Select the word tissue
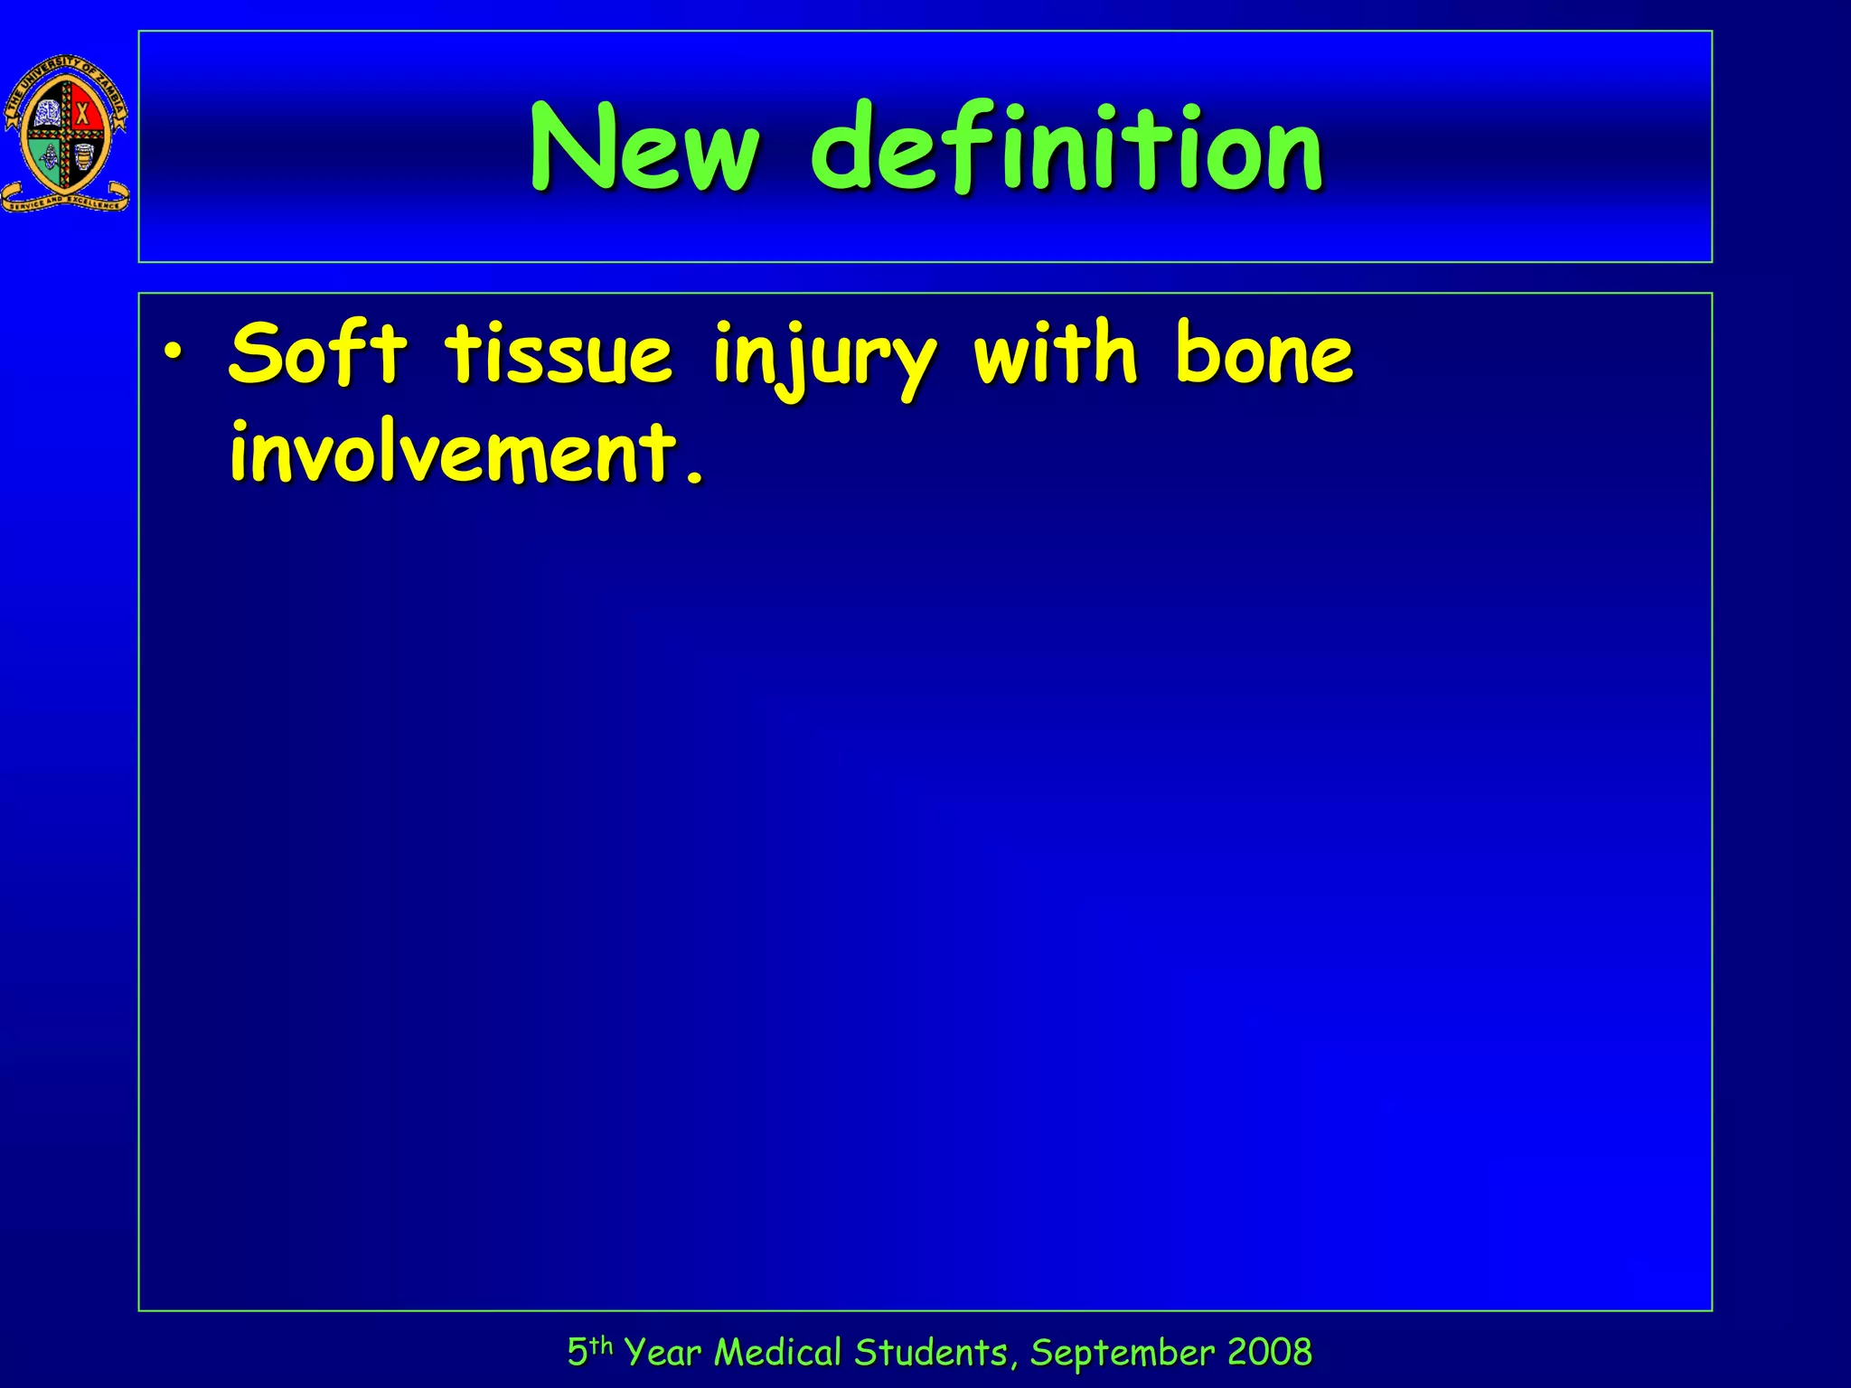558,353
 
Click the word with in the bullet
1054,353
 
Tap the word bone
1264,353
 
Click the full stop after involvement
694,475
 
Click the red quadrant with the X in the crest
83,114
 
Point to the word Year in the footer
662,1353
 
